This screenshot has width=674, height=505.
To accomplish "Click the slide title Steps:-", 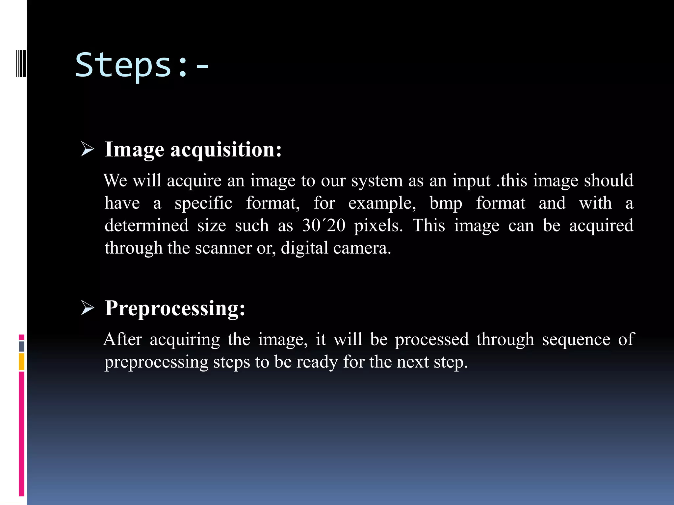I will pos(142,65).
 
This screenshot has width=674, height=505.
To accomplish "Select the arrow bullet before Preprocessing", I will pos(88,308).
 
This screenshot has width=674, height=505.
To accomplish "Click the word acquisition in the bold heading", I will pos(226,150).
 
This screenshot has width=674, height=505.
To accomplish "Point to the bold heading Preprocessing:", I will pos(175,308).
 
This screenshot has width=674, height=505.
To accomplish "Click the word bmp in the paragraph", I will pos(446,203).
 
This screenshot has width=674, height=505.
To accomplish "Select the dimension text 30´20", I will pos(324,226).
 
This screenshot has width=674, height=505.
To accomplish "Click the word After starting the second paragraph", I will pos(123,339).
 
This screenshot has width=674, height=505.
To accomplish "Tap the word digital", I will pos(304,248).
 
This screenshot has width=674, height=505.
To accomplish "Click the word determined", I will pos(146,226).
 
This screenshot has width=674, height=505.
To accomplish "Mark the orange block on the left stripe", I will pos(22,362).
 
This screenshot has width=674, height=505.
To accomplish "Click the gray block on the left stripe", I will pos(22,346).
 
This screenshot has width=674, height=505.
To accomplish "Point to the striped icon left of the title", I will pos(21,63).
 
